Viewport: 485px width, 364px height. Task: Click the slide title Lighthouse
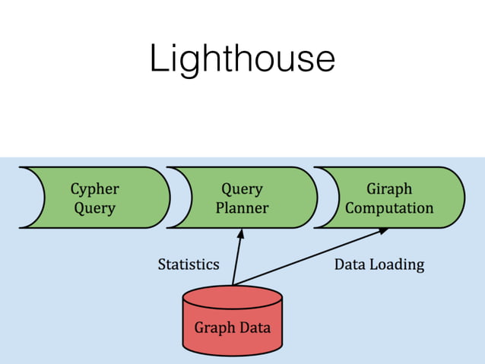click(242, 58)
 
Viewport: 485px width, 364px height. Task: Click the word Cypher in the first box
click(95, 188)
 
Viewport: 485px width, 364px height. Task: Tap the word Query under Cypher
click(95, 207)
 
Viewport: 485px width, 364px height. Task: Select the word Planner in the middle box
click(242, 207)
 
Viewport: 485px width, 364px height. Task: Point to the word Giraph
click(389, 188)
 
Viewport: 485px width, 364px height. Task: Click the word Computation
click(389, 207)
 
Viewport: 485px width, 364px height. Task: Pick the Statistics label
click(189, 264)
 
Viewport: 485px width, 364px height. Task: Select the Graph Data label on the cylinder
click(233, 328)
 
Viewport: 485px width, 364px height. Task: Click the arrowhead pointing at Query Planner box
click(242, 233)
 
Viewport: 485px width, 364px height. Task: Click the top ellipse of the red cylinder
click(233, 294)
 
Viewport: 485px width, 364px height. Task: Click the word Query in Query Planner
click(242, 188)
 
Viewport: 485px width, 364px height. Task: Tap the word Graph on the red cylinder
click(213, 328)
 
